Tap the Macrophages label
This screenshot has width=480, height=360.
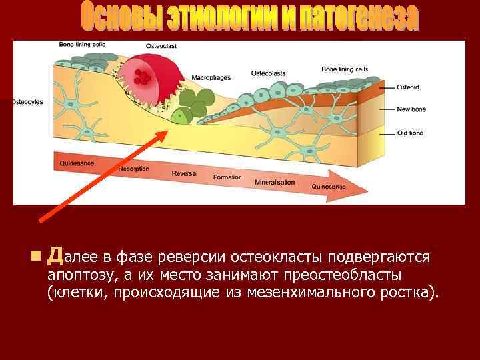click(211, 77)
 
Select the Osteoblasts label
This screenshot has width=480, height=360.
click(270, 73)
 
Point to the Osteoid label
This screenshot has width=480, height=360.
click(407, 87)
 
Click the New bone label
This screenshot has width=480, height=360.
click(411, 109)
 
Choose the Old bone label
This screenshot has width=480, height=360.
click(410, 133)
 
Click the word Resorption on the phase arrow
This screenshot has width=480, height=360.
click(133, 169)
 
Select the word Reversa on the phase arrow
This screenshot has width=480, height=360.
click(183, 173)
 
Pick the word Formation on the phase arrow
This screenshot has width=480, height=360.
click(227, 177)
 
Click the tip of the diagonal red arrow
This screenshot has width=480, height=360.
click(166, 129)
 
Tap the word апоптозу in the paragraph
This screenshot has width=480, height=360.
click(81, 275)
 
